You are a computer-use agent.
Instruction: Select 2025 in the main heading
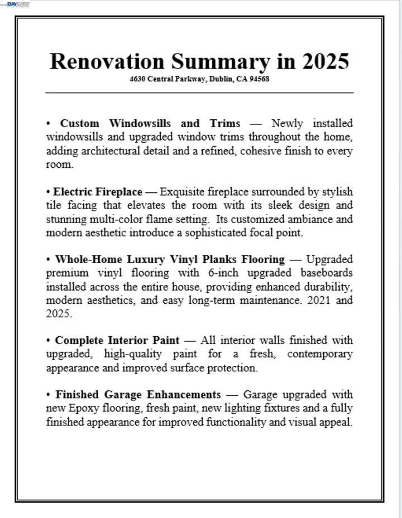[x=326, y=61]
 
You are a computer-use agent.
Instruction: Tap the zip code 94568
[x=260, y=79]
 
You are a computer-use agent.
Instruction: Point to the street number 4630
[x=137, y=79]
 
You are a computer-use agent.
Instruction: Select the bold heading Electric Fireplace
[x=98, y=192]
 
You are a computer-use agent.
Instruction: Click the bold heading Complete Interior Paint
[x=117, y=340]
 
